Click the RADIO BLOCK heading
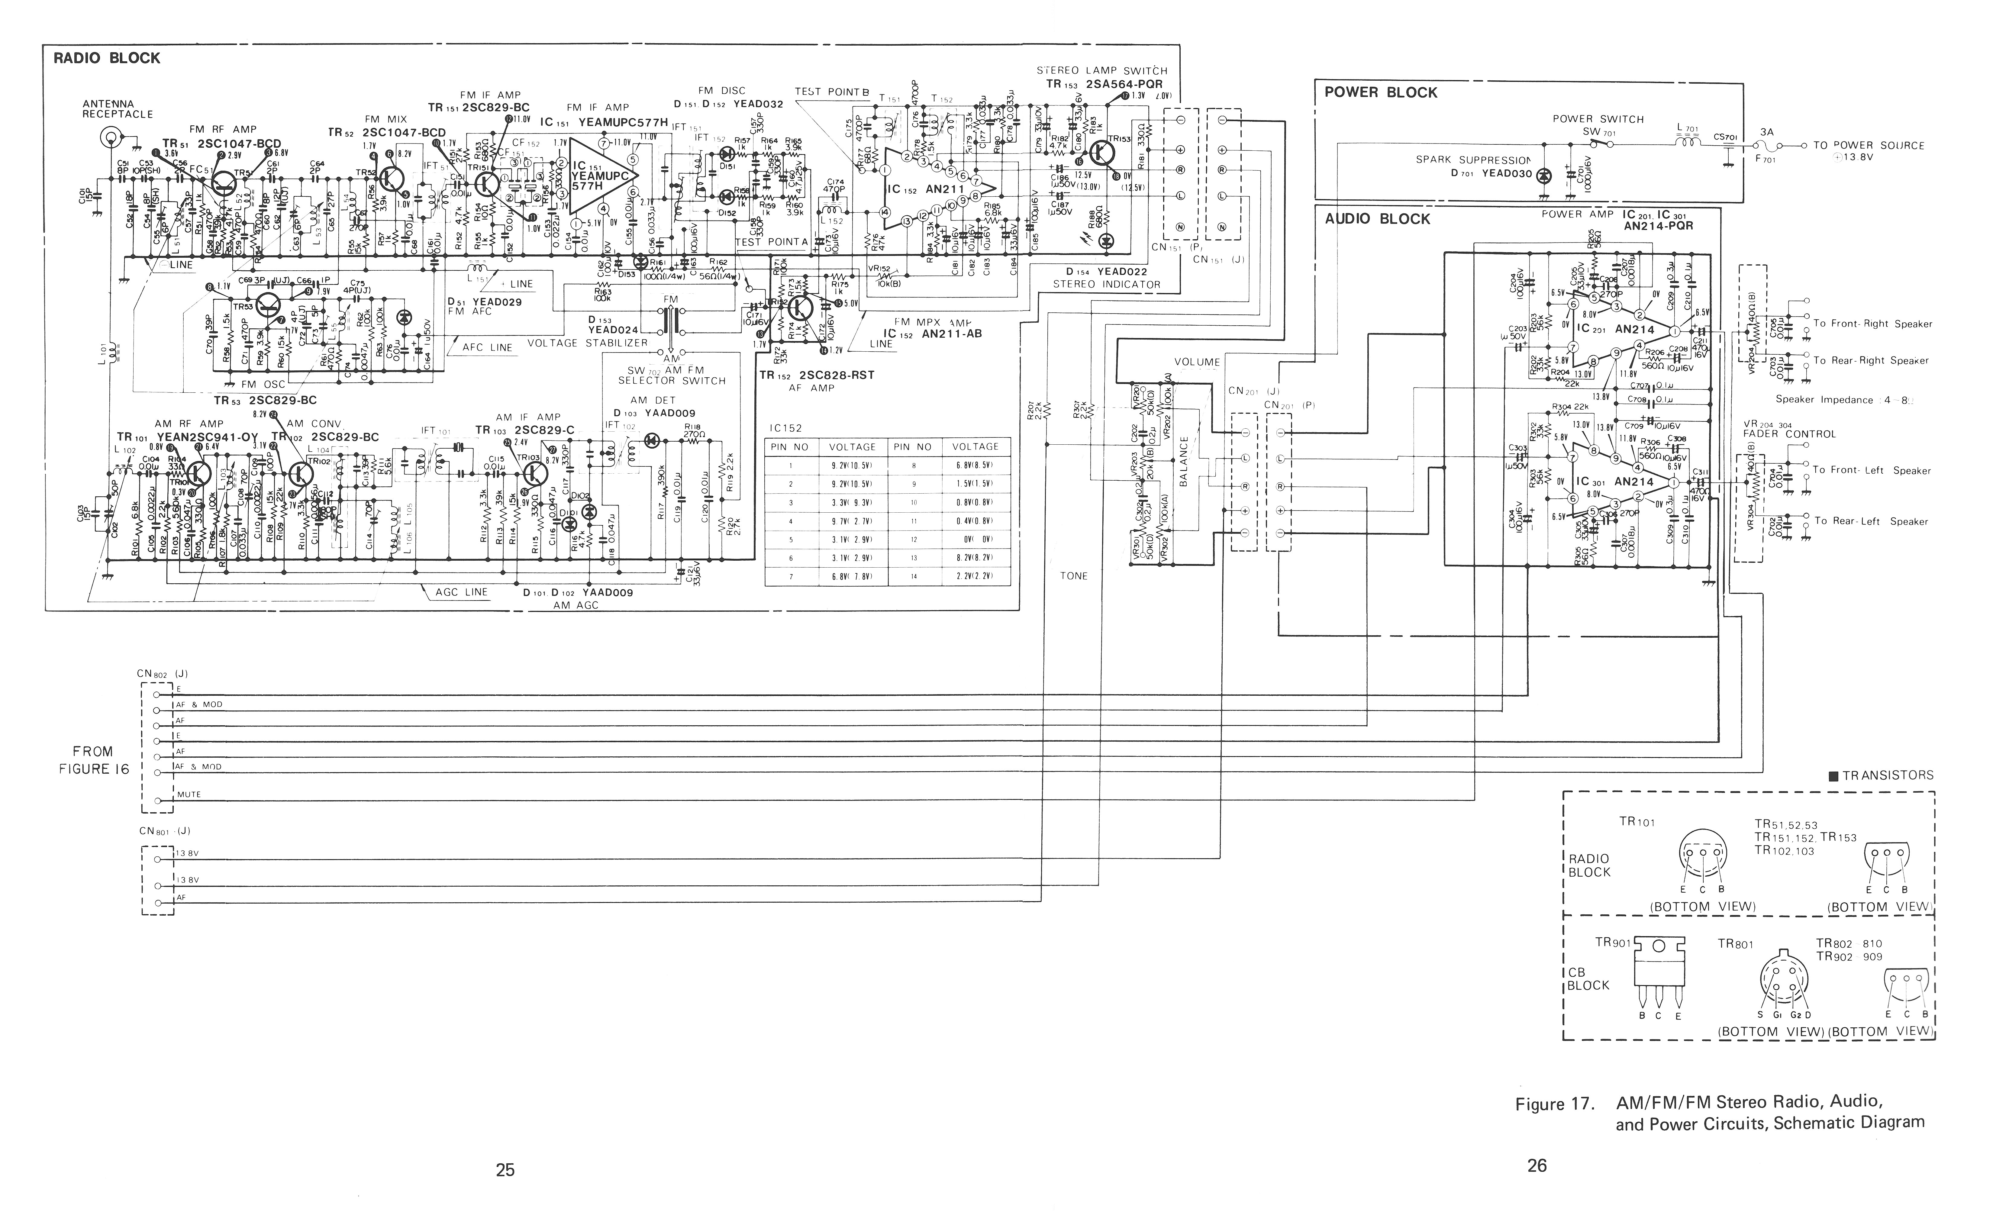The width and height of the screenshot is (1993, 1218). pyautogui.click(x=107, y=58)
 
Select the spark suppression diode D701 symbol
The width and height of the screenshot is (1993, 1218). pyautogui.click(x=1543, y=175)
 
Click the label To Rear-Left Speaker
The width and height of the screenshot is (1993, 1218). pyautogui.click(x=1871, y=522)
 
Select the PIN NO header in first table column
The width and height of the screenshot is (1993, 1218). pyautogui.click(x=789, y=446)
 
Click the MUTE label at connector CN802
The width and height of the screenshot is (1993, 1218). pyautogui.click(x=189, y=794)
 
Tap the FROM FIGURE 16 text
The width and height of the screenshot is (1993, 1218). pyautogui.click(x=94, y=760)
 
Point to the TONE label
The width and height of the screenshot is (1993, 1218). pyautogui.click(x=1073, y=576)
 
